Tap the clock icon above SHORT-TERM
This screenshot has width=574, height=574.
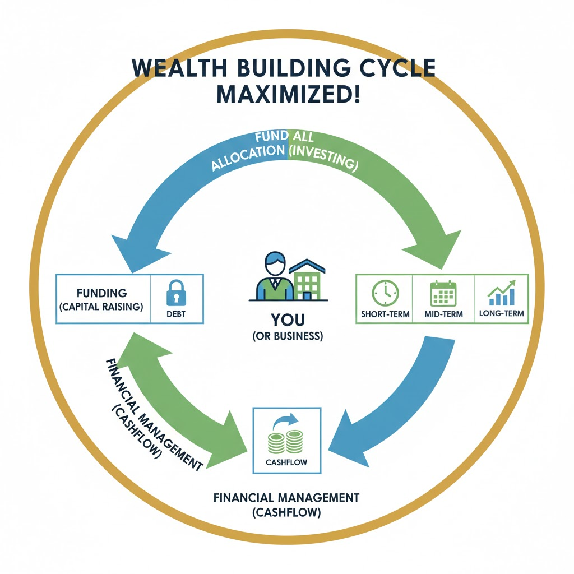coord(385,293)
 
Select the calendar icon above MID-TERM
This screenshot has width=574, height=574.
coord(443,293)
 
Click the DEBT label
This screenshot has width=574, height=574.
coord(176,314)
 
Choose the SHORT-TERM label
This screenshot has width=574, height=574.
coord(385,314)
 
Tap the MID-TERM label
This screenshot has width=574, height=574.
coord(443,314)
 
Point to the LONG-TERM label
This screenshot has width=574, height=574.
coord(502,314)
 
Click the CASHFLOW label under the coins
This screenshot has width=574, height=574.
coord(288,463)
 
